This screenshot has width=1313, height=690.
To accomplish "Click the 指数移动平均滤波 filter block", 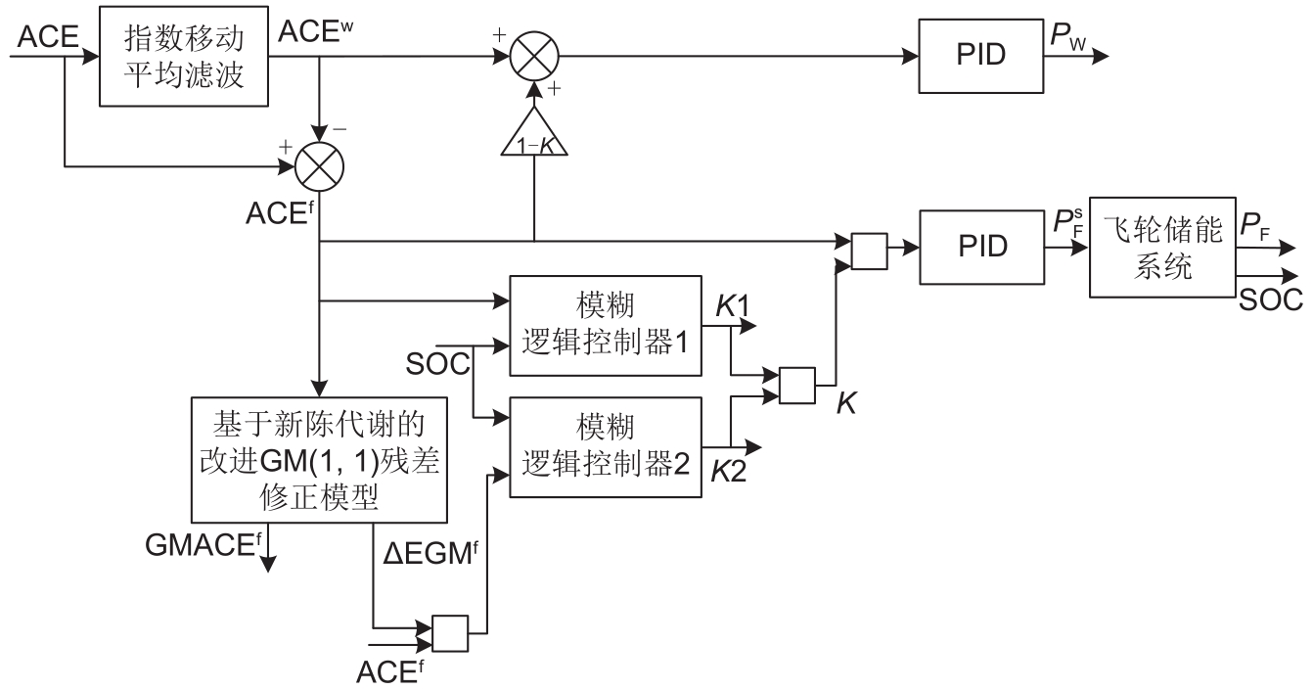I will (185, 57).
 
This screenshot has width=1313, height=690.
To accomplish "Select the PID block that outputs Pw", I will (979, 57).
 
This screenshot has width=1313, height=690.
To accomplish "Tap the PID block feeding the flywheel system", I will (979, 249).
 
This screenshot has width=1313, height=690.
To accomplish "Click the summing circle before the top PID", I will (534, 57).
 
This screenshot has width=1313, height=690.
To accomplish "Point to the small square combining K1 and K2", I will (795, 385).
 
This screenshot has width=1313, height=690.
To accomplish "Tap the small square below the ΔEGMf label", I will (451, 634).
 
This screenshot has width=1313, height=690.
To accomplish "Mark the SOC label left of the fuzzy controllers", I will (432, 366).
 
